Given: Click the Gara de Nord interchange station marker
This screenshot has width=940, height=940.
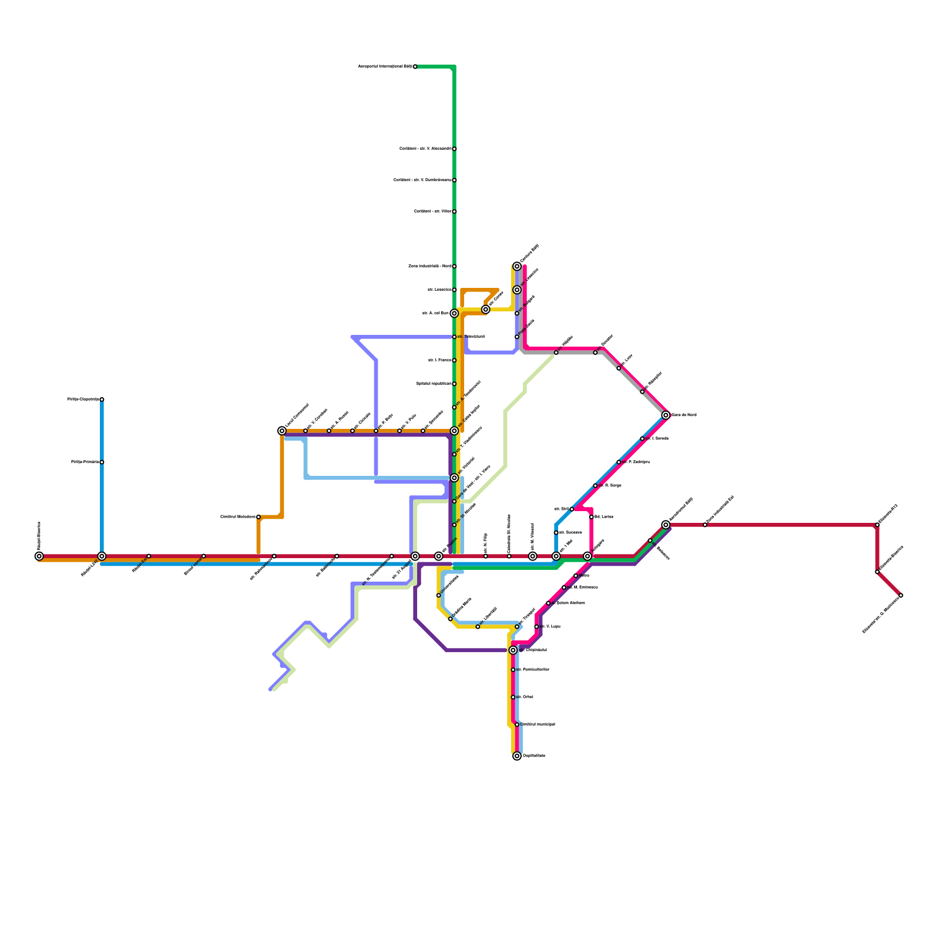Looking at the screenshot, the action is pos(666,415).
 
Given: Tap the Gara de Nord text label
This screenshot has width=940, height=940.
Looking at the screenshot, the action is pos(684,415).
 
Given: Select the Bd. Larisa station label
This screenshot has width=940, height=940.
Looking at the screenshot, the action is pos(604,517).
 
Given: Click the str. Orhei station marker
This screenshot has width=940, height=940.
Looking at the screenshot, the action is pos(513,697).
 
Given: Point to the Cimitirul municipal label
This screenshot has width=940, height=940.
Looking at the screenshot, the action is pos(538,724).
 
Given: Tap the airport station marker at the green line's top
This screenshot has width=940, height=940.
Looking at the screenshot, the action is pos(415,67).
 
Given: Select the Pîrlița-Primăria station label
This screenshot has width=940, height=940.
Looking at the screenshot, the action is pos(85,462).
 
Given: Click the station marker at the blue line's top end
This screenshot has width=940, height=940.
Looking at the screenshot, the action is pos(102,399).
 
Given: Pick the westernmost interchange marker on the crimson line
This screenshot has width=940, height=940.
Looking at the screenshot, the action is pos(39,556).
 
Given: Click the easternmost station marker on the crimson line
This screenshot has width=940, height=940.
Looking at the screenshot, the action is pos(901,596).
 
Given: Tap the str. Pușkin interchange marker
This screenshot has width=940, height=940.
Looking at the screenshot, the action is pos(439,556).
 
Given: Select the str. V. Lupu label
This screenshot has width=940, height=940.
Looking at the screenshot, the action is pos(550,627).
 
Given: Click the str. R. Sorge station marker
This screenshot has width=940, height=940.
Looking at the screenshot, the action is pos(595,486).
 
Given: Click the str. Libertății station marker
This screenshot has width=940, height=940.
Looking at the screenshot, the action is pos(478,627).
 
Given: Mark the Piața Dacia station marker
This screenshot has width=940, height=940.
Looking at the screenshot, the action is pos(517,337).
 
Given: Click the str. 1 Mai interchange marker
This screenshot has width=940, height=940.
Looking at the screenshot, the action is pos(556,556).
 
